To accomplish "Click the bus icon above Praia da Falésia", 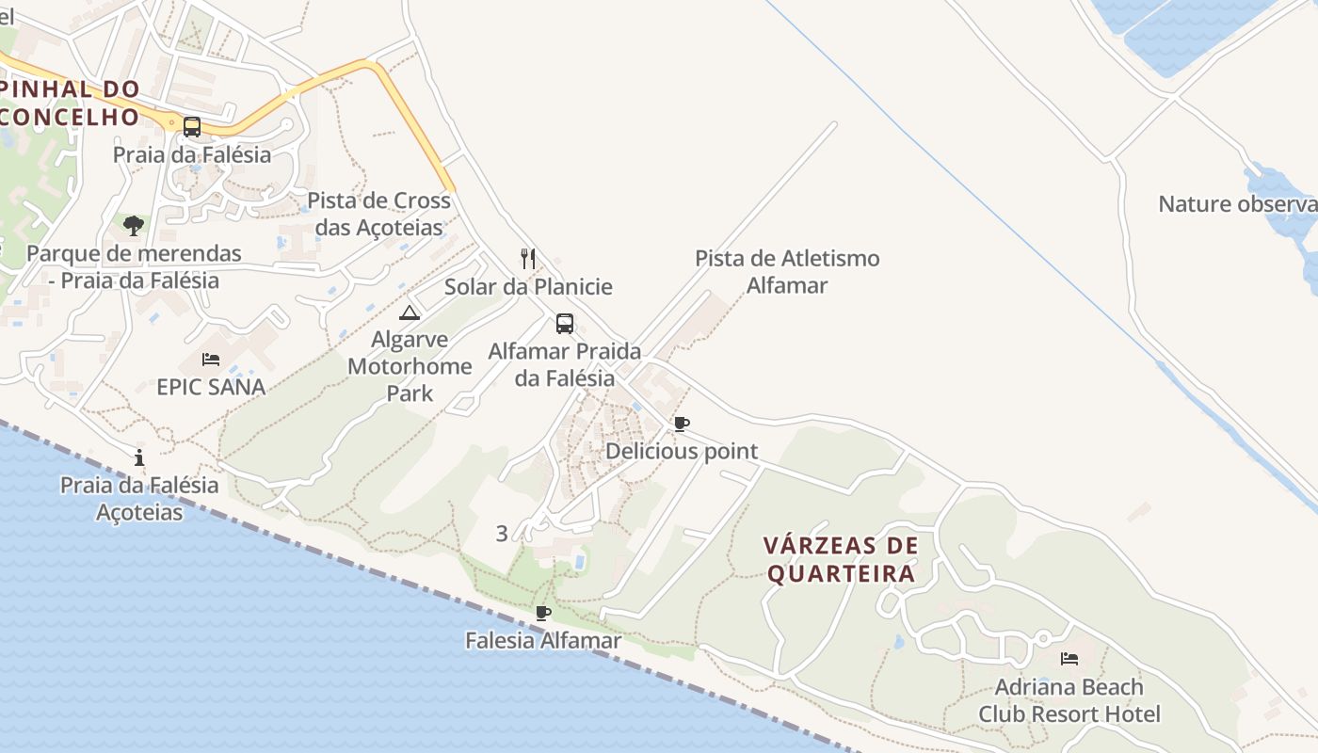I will (192, 126).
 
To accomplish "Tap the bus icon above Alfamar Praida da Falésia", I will (565, 324).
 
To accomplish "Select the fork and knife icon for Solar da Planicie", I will (528, 258).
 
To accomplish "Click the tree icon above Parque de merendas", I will (134, 226).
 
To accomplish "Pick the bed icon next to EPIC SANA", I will (211, 359).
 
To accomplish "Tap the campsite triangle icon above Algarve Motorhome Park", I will (409, 312).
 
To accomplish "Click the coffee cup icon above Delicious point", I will (682, 424).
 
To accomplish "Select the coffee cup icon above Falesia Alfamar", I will (543, 613).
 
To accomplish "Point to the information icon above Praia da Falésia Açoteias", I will (139, 457).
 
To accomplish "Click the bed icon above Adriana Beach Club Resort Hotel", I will (1069, 658).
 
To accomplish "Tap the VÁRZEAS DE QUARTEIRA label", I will (841, 560).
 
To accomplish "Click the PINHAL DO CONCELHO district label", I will (71, 103).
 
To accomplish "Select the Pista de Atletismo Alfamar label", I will (787, 271).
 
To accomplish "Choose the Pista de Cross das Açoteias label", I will (378, 214).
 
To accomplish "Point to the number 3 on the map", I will (502, 534).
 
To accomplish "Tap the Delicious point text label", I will (682, 451).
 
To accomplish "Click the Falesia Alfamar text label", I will (543, 641).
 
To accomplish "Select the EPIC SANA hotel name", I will (211, 387).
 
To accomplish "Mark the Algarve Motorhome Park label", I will (410, 366).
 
